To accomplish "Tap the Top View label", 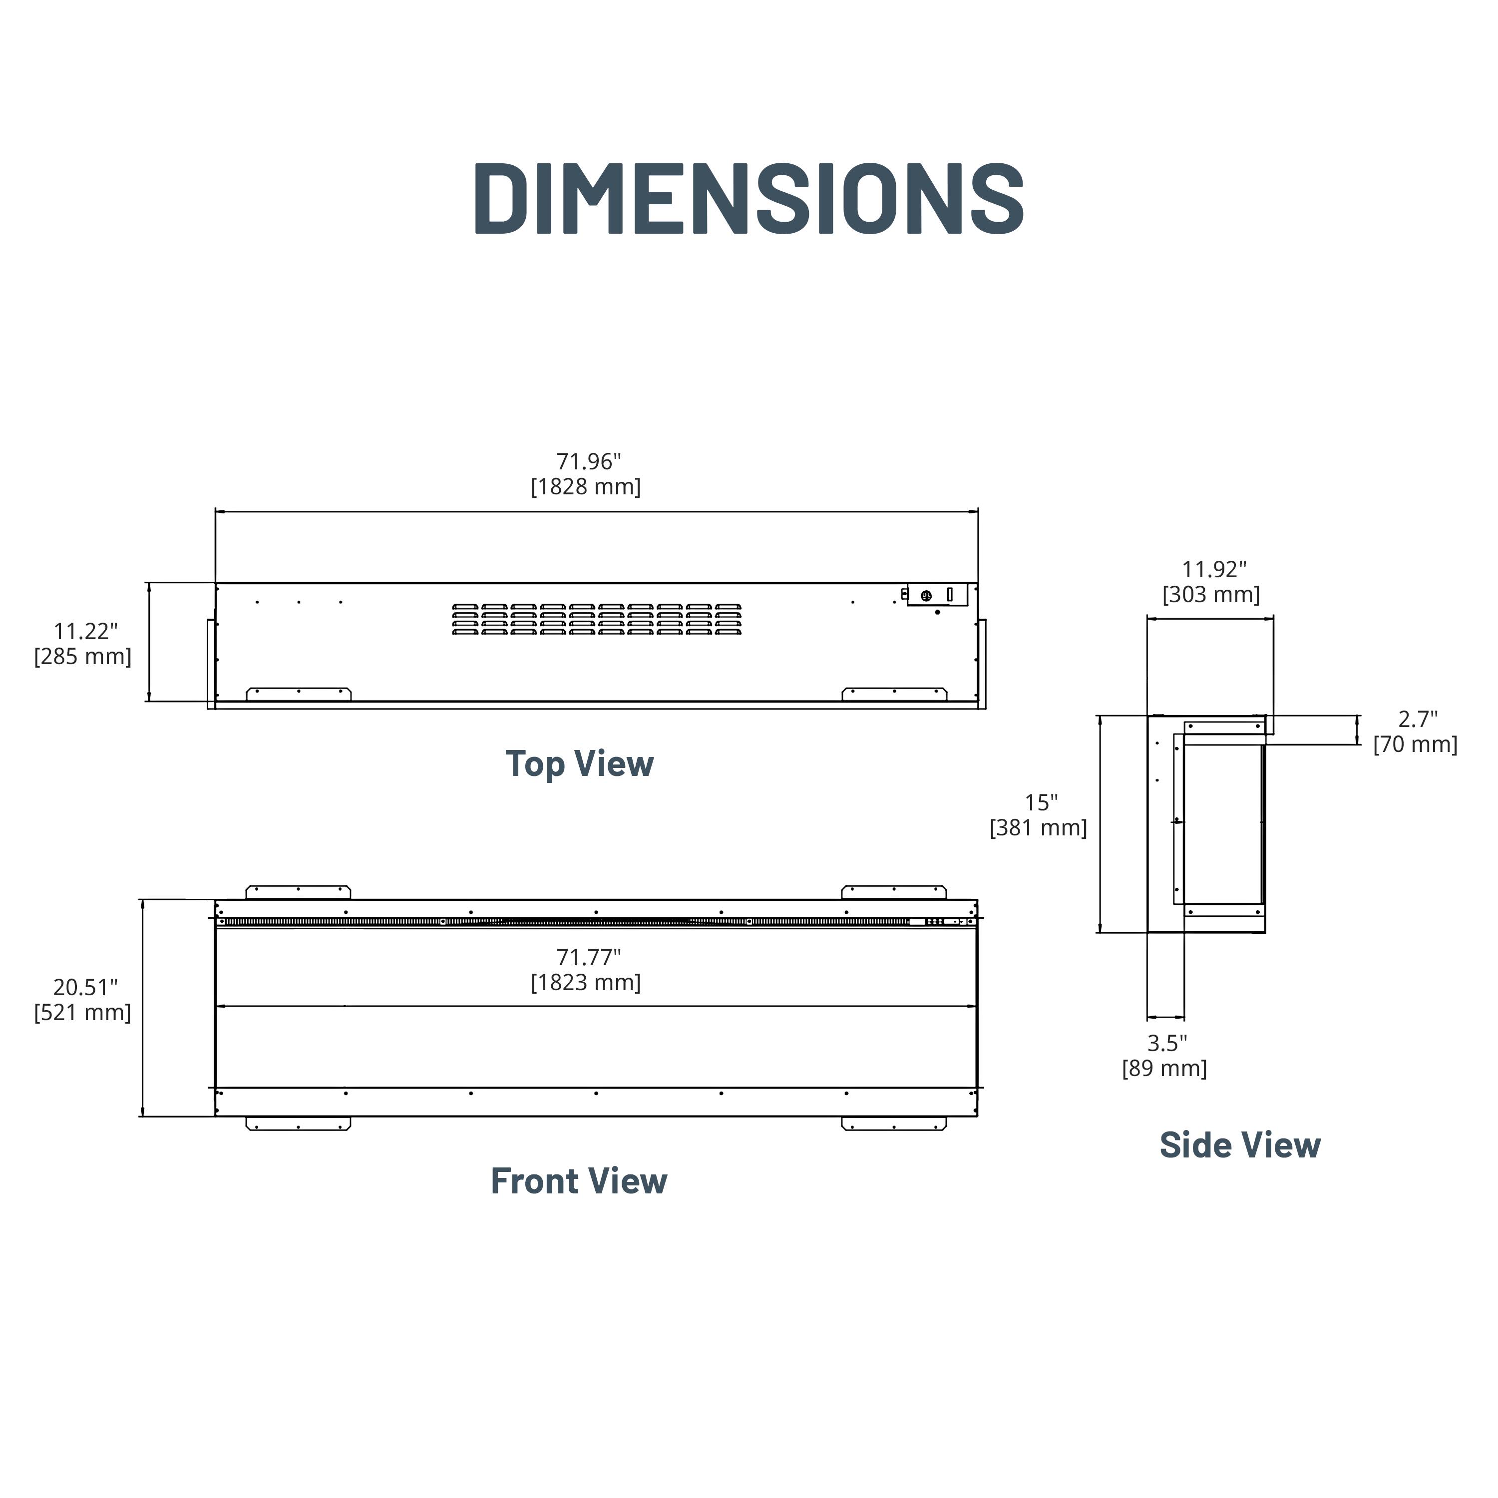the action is (x=580, y=764).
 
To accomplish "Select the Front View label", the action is (x=579, y=1181).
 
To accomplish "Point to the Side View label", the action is (x=1240, y=1144).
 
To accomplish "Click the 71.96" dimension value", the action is (x=589, y=461).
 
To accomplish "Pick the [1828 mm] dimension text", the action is (x=586, y=487).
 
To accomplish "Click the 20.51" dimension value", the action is (x=85, y=987).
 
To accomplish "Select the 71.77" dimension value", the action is (x=589, y=958).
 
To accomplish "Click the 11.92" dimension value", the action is (x=1214, y=569).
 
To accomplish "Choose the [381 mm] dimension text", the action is (x=1038, y=828).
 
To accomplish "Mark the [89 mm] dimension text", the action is (x=1164, y=1069).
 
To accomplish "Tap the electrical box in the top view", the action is (x=937, y=595).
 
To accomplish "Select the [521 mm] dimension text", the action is (x=82, y=1013).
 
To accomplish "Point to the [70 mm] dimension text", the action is (x=1415, y=745).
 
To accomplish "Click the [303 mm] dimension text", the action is (x=1211, y=595).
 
